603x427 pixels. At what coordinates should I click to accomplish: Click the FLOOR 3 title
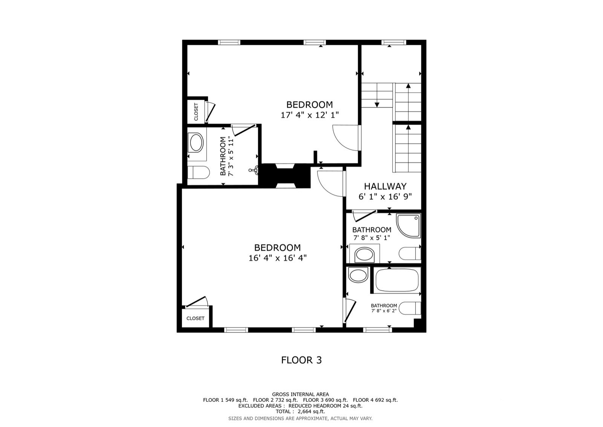(301, 360)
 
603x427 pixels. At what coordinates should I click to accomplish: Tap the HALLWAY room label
(385, 187)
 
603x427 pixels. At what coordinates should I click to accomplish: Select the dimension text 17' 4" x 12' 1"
(309, 115)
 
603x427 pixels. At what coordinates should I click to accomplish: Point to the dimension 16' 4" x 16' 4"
(277, 258)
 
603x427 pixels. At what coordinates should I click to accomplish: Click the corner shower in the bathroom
(409, 226)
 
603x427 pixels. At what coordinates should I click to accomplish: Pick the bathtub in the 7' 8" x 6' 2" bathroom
(397, 280)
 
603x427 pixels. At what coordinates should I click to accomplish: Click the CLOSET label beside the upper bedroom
(196, 112)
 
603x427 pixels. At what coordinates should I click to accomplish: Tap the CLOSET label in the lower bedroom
(196, 318)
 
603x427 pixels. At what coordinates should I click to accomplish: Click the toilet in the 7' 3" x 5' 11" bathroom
(198, 173)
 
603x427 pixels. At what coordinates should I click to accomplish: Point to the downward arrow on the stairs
(377, 95)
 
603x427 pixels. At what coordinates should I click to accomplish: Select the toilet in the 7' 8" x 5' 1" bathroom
(409, 254)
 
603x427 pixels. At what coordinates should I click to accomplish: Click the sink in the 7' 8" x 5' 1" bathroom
(364, 254)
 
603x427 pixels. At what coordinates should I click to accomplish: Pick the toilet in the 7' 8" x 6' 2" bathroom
(409, 308)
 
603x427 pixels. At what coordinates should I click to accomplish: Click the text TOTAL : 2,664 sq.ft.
(300, 412)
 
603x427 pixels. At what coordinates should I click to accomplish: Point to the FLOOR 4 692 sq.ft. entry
(375, 400)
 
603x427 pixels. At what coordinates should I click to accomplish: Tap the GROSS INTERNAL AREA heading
(300, 395)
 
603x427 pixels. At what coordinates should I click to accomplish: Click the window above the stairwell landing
(393, 42)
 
